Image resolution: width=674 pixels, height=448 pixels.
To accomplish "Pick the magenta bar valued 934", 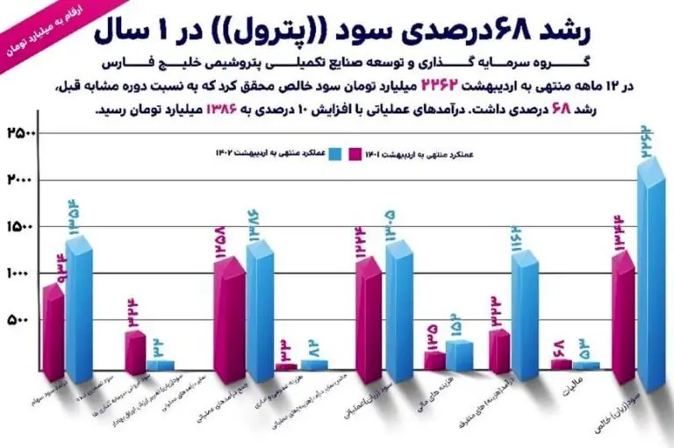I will tap(54, 338).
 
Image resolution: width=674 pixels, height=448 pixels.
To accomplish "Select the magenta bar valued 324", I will tap(134, 351).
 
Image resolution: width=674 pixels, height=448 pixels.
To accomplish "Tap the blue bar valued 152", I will tap(458, 354).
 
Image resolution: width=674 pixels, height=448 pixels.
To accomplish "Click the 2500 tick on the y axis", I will tap(21, 133).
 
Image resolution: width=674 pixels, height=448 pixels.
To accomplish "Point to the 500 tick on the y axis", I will tap(21, 321).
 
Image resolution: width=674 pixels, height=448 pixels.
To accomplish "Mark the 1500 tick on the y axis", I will tap(21, 227).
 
